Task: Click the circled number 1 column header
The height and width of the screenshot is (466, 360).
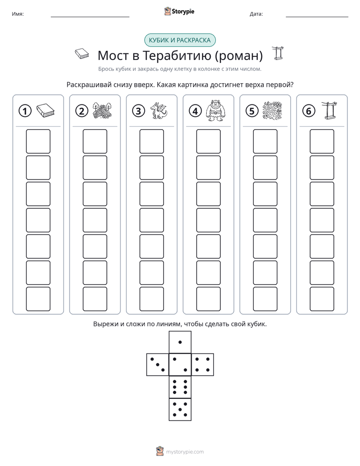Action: (x=25, y=111)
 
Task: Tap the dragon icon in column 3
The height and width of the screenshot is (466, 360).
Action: (x=159, y=111)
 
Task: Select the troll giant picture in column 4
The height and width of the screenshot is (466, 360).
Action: (x=216, y=110)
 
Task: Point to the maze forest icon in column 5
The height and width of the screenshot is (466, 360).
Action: (x=272, y=111)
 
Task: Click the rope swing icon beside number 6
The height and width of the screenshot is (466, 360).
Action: (x=329, y=110)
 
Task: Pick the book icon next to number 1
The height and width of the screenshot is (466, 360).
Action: (x=45, y=111)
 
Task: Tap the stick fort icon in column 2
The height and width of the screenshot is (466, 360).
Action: (x=102, y=111)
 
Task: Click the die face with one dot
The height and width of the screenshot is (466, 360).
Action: (x=180, y=342)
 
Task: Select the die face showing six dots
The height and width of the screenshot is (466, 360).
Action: (x=180, y=387)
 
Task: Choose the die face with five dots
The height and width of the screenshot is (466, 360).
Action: (x=180, y=409)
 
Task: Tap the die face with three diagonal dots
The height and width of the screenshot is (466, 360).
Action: (x=158, y=365)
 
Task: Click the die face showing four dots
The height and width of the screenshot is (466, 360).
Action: (x=203, y=365)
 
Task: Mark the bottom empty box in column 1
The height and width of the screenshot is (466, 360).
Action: (x=38, y=299)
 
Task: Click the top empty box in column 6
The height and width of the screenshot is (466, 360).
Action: (x=322, y=141)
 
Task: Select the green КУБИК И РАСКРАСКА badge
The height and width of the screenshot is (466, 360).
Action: (x=180, y=40)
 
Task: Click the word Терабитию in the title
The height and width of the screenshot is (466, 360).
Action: (x=177, y=55)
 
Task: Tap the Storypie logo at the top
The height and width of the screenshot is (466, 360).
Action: (x=179, y=11)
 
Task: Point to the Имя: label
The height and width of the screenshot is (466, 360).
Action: (x=18, y=14)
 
